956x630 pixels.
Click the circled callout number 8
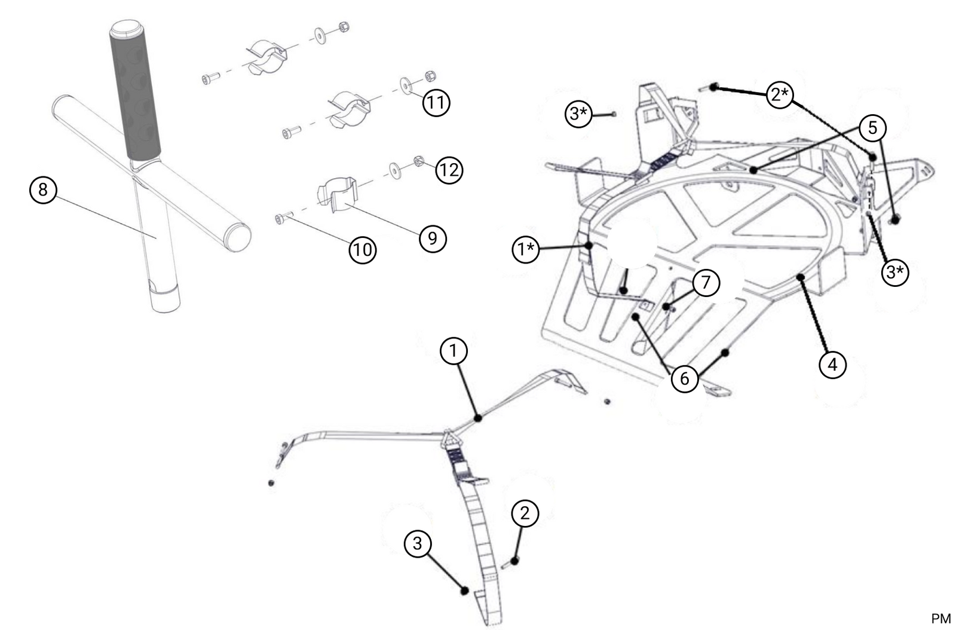(x=43, y=189)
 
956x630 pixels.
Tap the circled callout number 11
(x=436, y=103)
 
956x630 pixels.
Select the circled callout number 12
(x=449, y=170)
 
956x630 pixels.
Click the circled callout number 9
(x=433, y=238)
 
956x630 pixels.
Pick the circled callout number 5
(x=872, y=127)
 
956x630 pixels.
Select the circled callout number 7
(x=706, y=282)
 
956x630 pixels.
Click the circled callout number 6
(x=685, y=378)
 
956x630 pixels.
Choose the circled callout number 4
(x=833, y=363)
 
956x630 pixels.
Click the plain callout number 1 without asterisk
(x=454, y=351)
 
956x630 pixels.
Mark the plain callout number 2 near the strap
(x=525, y=513)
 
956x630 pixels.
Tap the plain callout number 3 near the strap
(x=418, y=543)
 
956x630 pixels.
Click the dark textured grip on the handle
(x=135, y=96)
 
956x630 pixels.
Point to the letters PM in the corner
(x=940, y=619)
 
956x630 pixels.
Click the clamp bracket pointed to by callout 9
(x=336, y=194)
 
